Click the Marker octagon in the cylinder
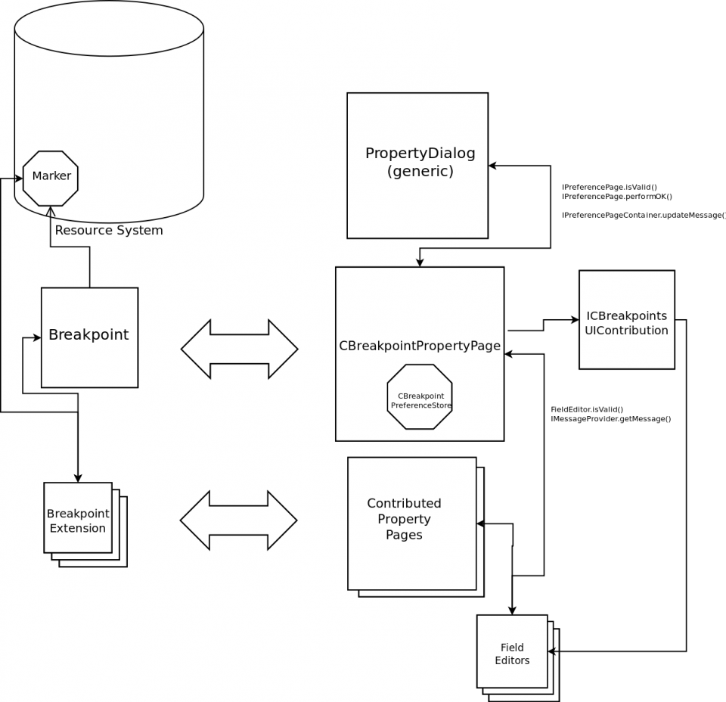[51, 178]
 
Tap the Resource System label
[108, 230]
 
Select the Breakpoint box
[89, 337]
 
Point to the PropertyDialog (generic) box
[417, 165]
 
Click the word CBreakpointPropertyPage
[420, 346]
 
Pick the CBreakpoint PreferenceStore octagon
[420, 397]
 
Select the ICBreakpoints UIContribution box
[626, 320]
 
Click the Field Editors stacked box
[512, 652]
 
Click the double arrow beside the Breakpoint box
[239, 349]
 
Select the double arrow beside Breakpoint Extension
[238, 520]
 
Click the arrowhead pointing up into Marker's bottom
[51, 211]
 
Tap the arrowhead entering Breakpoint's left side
[36, 337]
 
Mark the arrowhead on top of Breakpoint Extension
[78, 477]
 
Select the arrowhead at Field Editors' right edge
[552, 651]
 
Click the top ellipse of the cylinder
[109, 29]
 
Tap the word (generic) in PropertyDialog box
[420, 172]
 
